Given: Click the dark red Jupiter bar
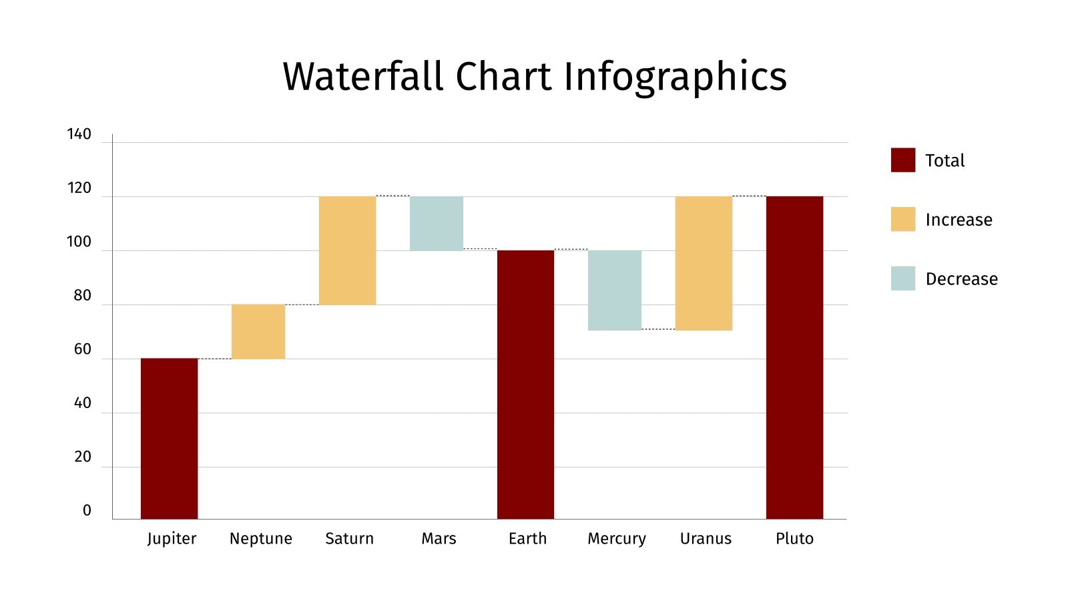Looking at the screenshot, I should pos(169,438).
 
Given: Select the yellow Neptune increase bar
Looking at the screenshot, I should pos(258,331).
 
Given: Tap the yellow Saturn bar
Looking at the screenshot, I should pos(347,250).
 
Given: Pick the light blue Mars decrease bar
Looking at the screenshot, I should pos(436,223).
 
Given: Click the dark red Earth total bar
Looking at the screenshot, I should pos(525,384).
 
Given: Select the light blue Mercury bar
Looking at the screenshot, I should pos(614,290).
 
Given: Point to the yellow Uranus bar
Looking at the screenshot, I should pos(704,263).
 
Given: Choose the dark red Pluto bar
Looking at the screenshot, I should pos(794,357).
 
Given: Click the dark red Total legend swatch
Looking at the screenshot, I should pos(902,160).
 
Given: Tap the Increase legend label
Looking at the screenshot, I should pos(959,220).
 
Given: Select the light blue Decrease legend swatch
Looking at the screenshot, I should pos(902,278).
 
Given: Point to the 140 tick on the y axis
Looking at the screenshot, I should pos(79,134).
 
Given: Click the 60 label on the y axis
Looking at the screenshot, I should pos(82,349).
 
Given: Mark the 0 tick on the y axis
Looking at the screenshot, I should pos(87,511).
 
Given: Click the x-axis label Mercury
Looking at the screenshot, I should pos(616,539).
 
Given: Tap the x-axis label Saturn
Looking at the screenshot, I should pos(349,539).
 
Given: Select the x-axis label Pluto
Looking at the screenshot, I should pos(794,539).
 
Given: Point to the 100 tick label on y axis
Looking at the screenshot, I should pos(79,242).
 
